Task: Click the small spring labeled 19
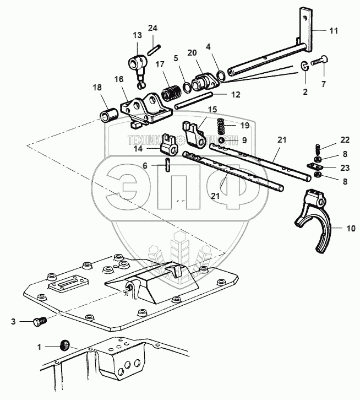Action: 221,128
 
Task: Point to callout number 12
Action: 235,95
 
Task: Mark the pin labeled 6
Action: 167,164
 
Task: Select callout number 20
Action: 191,53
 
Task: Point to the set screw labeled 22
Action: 318,148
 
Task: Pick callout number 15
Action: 197,110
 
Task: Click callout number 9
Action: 244,140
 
